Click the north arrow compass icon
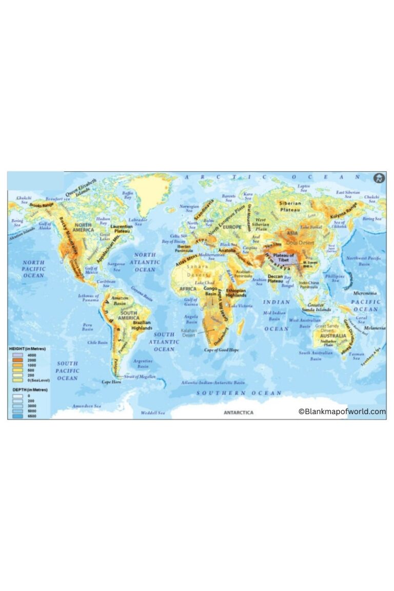coord(379,179)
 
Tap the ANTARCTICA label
coord(239,412)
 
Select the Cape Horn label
coord(111,382)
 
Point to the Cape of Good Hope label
coord(222,350)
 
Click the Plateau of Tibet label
coord(283,258)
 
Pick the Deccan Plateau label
coord(275,279)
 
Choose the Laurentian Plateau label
coord(122,228)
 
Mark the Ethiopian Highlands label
coord(236,293)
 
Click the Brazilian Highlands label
coord(142,325)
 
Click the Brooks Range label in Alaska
coord(42,205)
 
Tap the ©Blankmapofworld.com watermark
coord(342,411)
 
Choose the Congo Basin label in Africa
coord(211,291)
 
